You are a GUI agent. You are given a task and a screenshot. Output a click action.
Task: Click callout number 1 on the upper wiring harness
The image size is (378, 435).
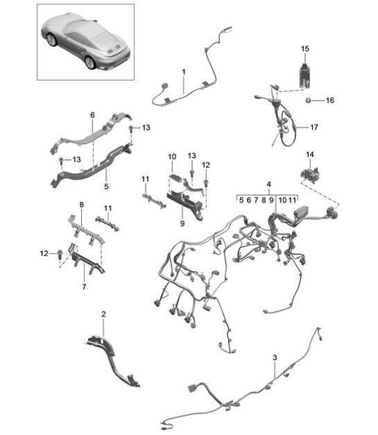point(184,72)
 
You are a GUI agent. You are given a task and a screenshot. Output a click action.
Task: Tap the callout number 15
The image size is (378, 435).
point(305,48)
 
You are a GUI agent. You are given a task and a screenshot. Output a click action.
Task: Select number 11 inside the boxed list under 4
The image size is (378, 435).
point(293,200)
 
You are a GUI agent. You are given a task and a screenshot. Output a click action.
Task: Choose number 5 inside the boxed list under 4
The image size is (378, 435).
point(241,200)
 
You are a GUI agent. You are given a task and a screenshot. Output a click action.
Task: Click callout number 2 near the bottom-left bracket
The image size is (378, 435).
point(103,314)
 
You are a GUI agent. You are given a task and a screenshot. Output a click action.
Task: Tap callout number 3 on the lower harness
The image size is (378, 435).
point(275,357)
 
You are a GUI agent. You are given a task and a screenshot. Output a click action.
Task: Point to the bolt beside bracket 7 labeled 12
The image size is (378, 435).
point(60,253)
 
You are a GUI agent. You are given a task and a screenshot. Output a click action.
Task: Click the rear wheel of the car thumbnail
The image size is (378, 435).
point(90,62)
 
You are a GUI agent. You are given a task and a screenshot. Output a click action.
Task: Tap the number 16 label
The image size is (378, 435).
point(329,100)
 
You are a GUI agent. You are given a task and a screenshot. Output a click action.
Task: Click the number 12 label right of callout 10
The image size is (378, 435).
point(206,165)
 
